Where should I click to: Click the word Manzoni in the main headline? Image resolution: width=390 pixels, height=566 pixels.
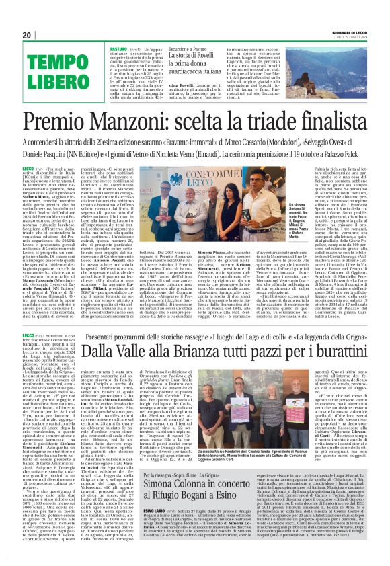(x=137, y=121)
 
